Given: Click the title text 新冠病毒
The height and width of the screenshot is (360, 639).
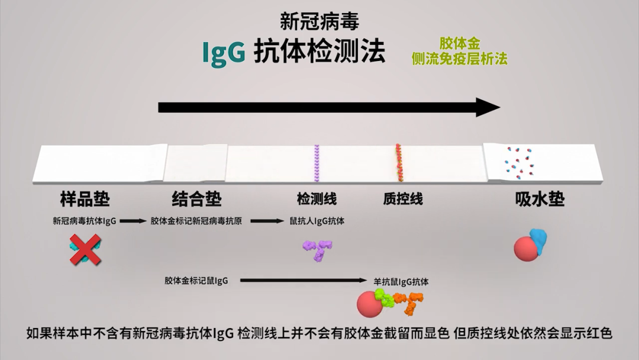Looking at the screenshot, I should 319,21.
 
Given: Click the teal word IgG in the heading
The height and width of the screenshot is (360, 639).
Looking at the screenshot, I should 224,52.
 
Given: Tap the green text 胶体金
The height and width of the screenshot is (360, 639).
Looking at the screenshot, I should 459,44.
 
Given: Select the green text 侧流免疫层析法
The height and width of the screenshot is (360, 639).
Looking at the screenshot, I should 459,59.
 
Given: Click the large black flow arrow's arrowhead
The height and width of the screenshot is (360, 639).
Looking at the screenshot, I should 488,107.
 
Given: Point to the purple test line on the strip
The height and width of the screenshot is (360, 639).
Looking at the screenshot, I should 317,163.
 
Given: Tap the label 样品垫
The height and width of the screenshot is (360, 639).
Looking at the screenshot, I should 85,199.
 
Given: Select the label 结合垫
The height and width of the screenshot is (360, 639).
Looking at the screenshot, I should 196,199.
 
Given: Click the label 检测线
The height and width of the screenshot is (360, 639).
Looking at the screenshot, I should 317,199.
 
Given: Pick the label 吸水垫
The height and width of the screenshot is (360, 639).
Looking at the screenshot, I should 539,199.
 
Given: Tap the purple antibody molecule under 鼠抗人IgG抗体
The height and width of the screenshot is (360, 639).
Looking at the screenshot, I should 318,249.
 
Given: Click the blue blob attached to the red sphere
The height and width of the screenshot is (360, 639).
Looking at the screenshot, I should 538,239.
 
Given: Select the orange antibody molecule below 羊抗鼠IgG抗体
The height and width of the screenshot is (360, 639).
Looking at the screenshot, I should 408,303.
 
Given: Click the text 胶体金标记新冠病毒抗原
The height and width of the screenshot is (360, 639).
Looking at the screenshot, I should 196,221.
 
